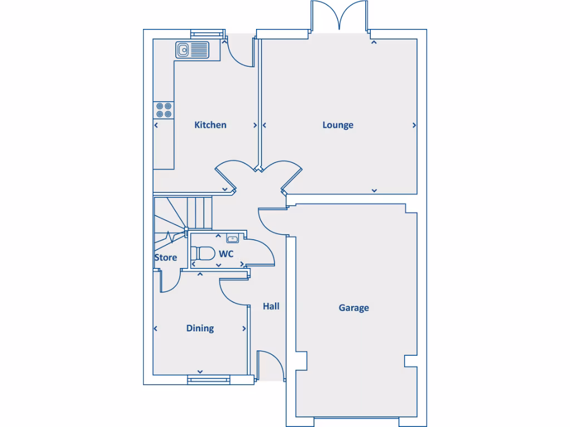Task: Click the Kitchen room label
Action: click(210, 125)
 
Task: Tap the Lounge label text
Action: click(338, 125)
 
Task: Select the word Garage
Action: click(353, 308)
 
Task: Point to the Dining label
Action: click(200, 329)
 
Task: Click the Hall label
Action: click(271, 306)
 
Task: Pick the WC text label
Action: click(226, 254)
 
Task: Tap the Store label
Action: click(165, 258)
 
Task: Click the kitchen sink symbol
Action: click(192, 50)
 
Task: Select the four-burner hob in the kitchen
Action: click(164, 110)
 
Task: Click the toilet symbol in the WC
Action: click(204, 254)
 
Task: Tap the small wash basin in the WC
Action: click(232, 239)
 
